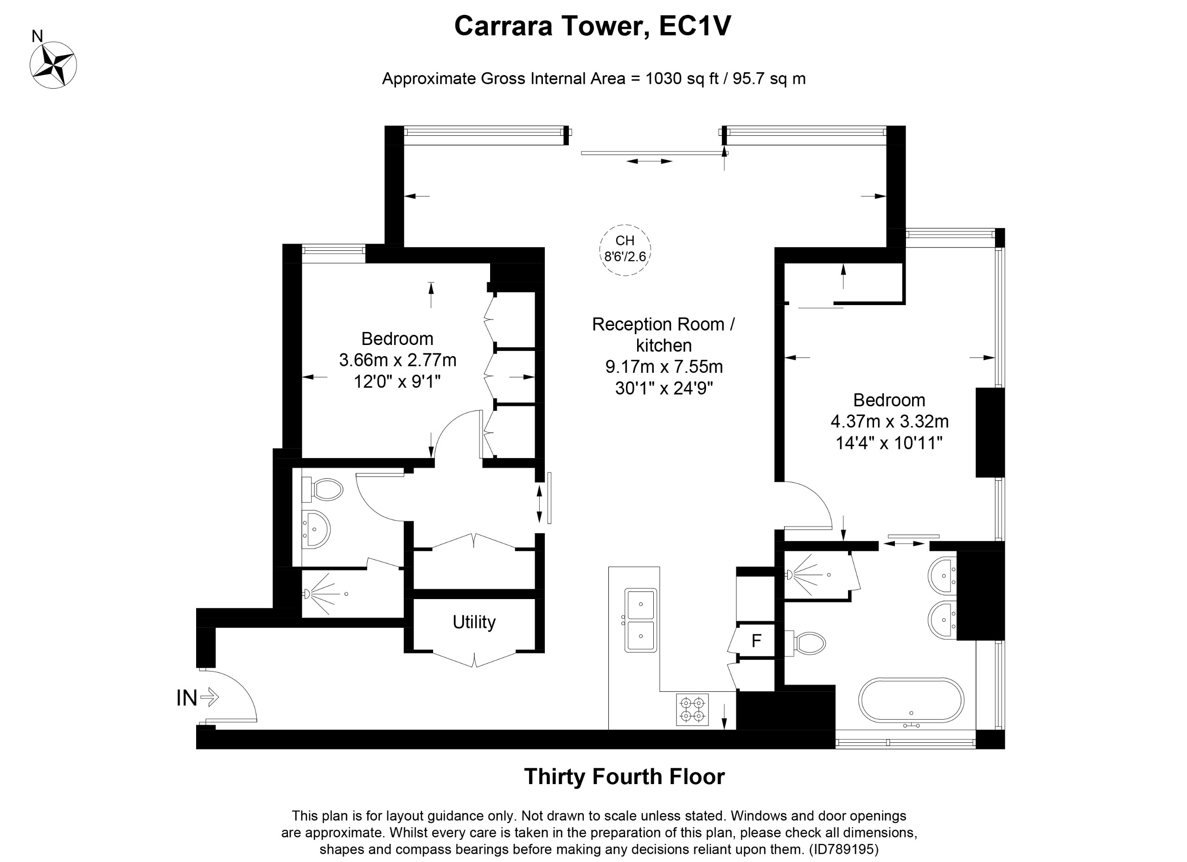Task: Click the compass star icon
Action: point(53,65)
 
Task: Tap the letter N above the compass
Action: point(37,36)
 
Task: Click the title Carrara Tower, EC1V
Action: point(593,26)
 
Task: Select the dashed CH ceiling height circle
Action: point(625,250)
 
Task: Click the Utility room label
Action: point(474,622)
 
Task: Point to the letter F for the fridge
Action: point(756,641)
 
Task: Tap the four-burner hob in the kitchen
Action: point(692,710)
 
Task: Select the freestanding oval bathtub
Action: point(911,701)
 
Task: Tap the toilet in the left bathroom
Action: point(322,489)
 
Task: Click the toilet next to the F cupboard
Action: point(804,643)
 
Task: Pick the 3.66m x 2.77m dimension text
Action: point(398,360)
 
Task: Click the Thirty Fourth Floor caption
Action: point(625,777)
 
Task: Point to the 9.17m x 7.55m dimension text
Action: point(664,366)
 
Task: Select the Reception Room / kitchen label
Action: point(664,334)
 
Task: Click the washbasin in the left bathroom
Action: point(316,529)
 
